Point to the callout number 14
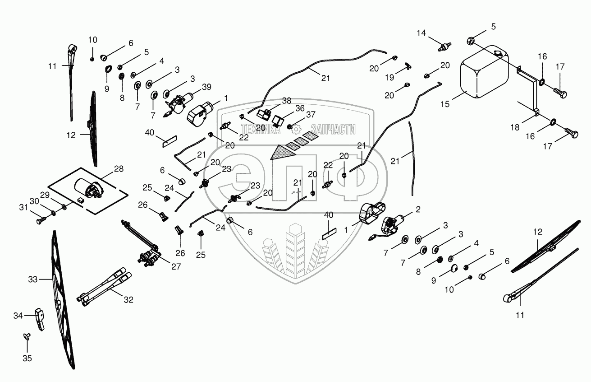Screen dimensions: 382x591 [x=421, y=33]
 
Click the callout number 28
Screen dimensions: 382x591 [x=119, y=169]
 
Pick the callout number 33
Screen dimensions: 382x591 [x=32, y=280]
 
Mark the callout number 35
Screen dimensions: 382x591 [x=27, y=358]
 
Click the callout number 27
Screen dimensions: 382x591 [x=175, y=266]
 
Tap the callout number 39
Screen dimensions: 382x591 [x=206, y=86]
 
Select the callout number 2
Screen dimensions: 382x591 [x=418, y=209]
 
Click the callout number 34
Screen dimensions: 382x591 [x=18, y=316]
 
